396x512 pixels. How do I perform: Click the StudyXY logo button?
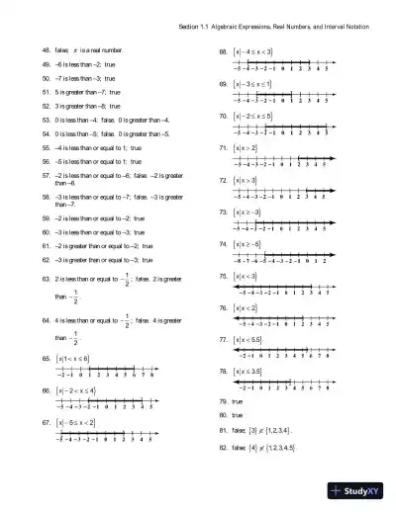click(x=359, y=491)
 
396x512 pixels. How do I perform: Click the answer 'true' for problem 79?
click(x=237, y=403)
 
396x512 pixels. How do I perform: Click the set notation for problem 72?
click(x=245, y=180)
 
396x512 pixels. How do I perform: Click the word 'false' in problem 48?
click(x=65, y=47)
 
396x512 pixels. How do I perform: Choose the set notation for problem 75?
click(x=245, y=276)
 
